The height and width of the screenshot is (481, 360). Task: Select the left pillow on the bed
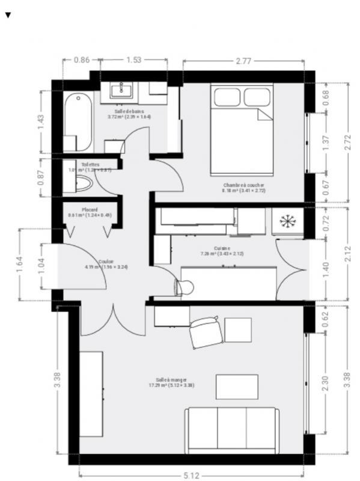[x=227, y=96]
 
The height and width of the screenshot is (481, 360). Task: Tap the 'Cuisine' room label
[x=222, y=248]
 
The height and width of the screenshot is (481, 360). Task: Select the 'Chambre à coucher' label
[x=243, y=185]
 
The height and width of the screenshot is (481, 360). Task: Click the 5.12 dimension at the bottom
[x=191, y=475]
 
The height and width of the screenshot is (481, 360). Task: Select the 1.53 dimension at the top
[x=134, y=61]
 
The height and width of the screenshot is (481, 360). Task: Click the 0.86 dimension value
[x=81, y=61]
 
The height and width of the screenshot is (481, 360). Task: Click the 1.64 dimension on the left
[x=19, y=265]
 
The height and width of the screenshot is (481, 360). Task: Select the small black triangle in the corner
[x=8, y=14]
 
